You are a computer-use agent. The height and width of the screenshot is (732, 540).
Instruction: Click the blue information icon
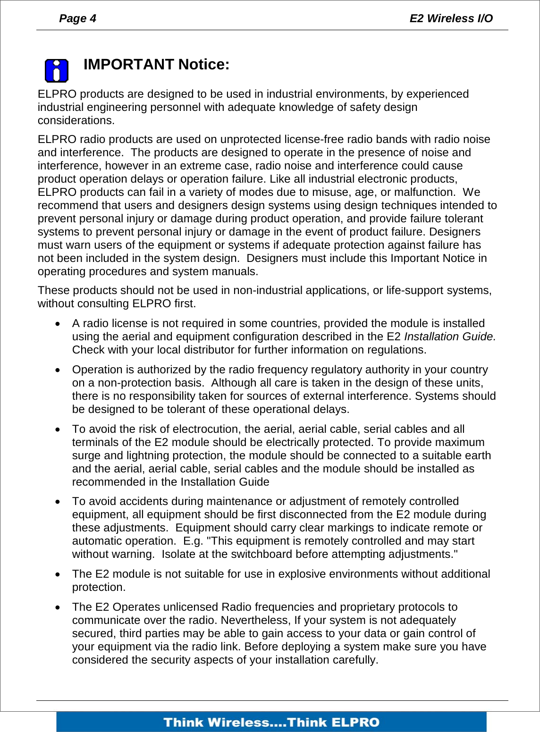tap(56, 71)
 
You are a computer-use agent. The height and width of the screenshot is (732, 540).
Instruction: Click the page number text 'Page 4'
tap(77, 18)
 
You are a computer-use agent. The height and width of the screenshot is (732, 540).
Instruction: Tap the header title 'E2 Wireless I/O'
tap(451, 18)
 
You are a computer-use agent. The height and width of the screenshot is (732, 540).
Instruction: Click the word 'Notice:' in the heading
tap(204, 64)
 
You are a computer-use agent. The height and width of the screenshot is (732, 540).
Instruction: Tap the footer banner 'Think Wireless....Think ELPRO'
tap(271, 722)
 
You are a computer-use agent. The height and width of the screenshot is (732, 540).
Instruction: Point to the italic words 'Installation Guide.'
tap(450, 337)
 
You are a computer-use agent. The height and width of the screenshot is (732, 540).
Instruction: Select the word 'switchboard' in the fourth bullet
tap(240, 554)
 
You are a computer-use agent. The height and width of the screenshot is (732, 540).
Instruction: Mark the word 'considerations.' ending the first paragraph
tap(76, 120)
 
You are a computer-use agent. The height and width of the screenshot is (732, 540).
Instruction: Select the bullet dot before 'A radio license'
tap(58, 324)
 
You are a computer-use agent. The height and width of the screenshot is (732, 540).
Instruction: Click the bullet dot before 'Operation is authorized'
tap(58, 370)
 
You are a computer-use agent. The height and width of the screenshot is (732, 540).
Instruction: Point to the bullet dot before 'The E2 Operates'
tap(58, 608)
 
